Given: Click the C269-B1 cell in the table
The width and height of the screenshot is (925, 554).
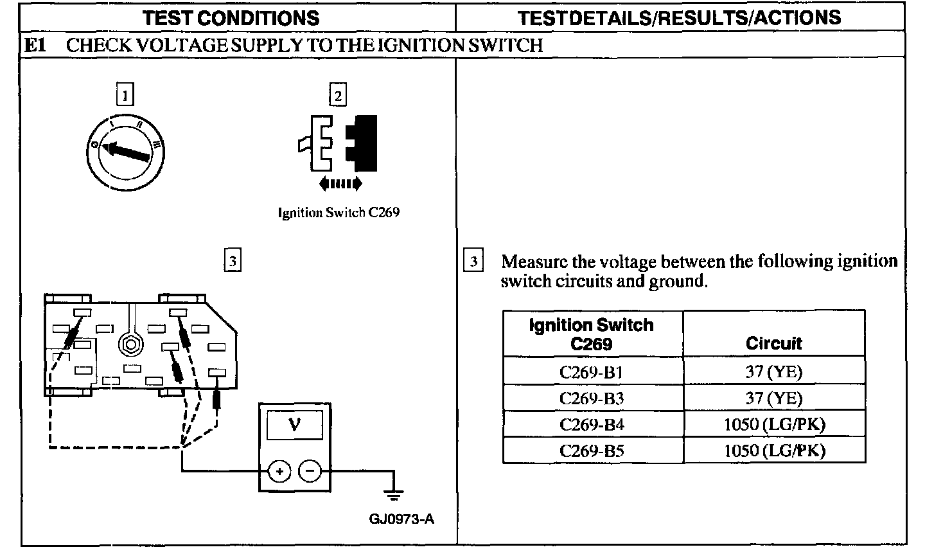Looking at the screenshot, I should coord(592,371).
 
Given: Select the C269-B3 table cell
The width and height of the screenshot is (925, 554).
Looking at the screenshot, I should coord(592,398).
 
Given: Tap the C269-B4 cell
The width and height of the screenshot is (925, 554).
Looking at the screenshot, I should coord(592,424).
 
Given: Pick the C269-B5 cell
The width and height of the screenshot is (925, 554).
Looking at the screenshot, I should coord(592,451).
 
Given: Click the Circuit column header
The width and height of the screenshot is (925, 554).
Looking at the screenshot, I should coord(773,343).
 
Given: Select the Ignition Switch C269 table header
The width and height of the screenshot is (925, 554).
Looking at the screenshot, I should coord(592,334).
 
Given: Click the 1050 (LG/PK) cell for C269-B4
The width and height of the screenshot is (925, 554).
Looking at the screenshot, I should coord(773,424).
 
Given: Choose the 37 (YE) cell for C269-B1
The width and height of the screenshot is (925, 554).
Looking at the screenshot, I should coord(773,371).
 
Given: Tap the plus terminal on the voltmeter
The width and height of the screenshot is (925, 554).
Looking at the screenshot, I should coord(279,472).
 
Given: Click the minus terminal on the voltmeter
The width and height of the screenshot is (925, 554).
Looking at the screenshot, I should coord(310,472).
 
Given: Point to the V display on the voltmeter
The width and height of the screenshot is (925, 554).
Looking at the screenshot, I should coord(294,425).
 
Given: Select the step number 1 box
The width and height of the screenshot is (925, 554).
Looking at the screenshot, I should coord(125,96).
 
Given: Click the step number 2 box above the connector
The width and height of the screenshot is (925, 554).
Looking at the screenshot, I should coord(337,96).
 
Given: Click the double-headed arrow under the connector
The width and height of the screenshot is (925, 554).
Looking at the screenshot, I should coord(340,184).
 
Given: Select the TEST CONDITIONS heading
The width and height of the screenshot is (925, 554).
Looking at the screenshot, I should coord(231,17).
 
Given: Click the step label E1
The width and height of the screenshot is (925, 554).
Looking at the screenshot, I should coord(35,45).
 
